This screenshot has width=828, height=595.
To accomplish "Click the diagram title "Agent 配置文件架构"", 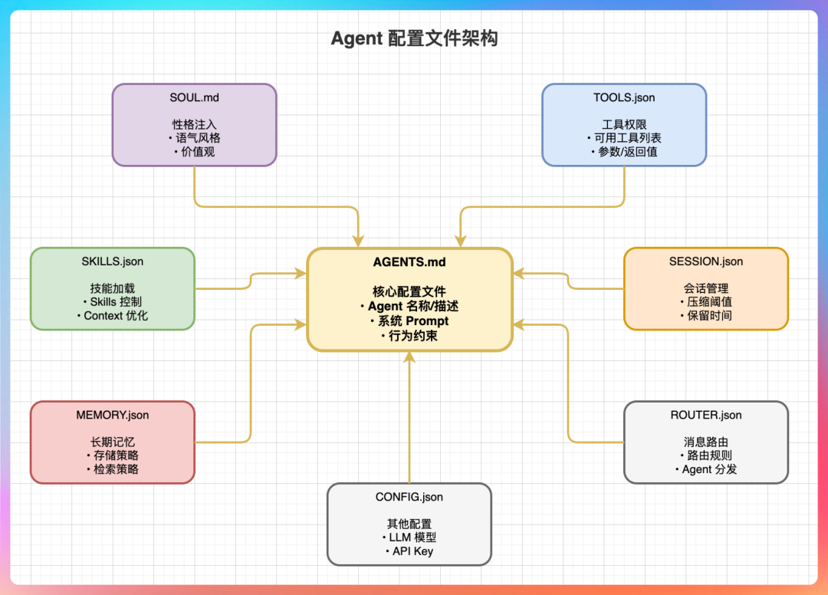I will (x=414, y=38).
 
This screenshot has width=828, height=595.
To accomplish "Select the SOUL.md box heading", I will (x=194, y=97).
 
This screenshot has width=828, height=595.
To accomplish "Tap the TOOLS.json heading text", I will (x=624, y=97).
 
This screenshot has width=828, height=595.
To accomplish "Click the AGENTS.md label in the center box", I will (x=409, y=262).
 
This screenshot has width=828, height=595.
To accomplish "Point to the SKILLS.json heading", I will (x=113, y=261).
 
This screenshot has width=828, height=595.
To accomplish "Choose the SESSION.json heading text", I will (x=706, y=261).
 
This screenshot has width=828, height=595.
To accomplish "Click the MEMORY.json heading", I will (x=113, y=415).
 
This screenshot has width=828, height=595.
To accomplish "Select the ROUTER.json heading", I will (x=706, y=415).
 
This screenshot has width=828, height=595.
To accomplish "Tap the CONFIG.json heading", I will (x=409, y=497).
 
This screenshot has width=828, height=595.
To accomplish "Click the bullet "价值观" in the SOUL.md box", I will (x=197, y=152).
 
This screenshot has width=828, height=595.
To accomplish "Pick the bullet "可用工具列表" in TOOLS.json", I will (x=627, y=138).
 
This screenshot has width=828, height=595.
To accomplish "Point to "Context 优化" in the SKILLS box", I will (x=115, y=316).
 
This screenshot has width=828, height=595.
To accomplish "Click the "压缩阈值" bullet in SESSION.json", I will (x=709, y=302).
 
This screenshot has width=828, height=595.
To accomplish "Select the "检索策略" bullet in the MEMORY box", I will (x=115, y=469).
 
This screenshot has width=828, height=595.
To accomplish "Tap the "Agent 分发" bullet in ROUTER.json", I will (x=709, y=469).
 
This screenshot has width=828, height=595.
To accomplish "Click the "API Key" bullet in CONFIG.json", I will (x=412, y=551).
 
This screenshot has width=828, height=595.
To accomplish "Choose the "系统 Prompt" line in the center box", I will (x=412, y=321).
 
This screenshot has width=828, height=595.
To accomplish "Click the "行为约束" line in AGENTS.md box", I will (x=412, y=335).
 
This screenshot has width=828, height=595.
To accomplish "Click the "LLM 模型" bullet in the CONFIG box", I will (x=412, y=537).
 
